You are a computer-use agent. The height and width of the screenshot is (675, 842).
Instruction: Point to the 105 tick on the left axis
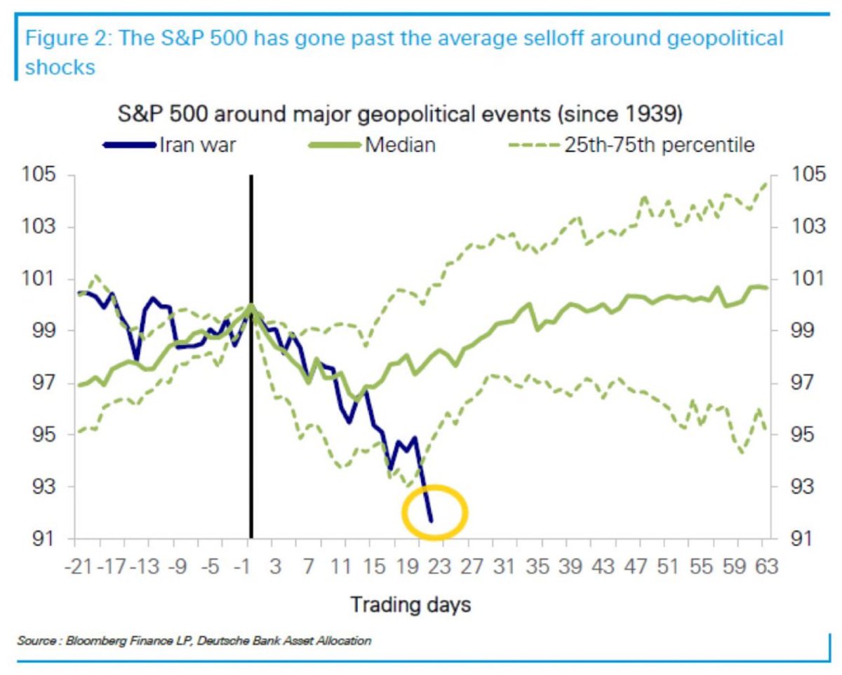pyautogui.click(x=44, y=175)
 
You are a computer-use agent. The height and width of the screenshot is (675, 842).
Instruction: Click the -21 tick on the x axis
pyautogui.click(x=83, y=566)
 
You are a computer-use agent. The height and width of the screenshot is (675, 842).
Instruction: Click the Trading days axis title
pyautogui.click(x=410, y=604)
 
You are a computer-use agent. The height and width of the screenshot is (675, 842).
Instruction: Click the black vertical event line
pyautogui.click(x=250, y=350)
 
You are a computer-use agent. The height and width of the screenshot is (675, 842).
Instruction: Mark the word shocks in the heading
pyautogui.click(x=60, y=67)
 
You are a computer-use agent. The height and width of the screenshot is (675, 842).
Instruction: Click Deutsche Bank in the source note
pyautogui.click(x=243, y=640)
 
